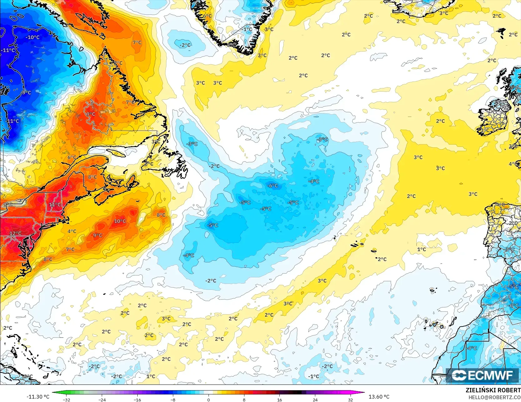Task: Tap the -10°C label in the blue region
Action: click(x=32, y=37)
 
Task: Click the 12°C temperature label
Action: click(x=15, y=233)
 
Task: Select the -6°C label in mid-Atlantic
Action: click(x=272, y=186)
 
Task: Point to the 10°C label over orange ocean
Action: click(x=120, y=221)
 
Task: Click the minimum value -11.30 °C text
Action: click(x=38, y=397)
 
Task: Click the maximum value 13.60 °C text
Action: click(x=379, y=397)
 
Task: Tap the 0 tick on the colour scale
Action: click(x=209, y=400)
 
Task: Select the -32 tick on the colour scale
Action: click(x=66, y=400)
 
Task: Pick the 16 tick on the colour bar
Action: click(x=279, y=400)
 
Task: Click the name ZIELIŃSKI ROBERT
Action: click(x=493, y=390)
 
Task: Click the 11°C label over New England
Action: click(x=55, y=205)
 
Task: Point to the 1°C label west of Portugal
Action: click(x=421, y=249)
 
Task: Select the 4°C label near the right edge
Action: click(x=513, y=164)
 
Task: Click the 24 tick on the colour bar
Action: click(x=315, y=400)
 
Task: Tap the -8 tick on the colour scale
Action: click(x=173, y=400)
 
